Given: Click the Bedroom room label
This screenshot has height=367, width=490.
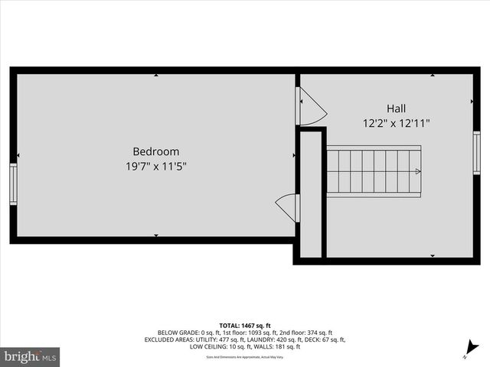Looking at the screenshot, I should (156, 151).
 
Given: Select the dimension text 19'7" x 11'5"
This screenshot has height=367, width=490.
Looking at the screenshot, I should (156, 165).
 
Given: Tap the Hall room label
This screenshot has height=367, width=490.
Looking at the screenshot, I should (396, 109).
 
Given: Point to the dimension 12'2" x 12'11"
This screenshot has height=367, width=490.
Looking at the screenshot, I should (396, 122).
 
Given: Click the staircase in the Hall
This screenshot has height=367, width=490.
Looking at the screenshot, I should (374, 172).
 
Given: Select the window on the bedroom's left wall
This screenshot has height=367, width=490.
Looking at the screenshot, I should (13, 184).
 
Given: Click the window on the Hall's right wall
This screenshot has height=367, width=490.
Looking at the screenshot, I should (476, 153).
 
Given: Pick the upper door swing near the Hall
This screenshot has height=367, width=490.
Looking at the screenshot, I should (310, 107).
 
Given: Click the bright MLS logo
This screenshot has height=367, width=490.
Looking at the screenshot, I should (30, 356).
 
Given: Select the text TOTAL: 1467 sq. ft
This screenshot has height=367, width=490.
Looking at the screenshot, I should (245, 326).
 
